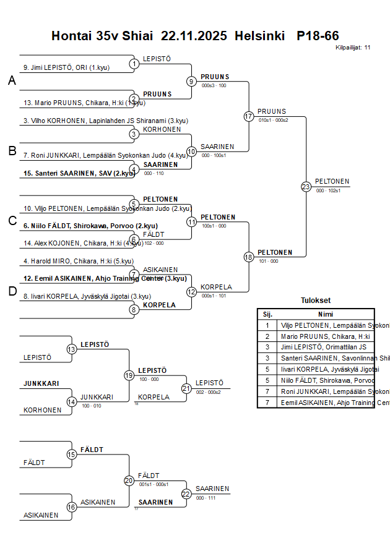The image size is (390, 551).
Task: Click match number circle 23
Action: coord(306,186)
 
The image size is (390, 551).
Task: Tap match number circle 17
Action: coord(249,116)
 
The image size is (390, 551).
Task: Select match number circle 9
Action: coord(192,81)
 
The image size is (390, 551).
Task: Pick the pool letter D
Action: coord(12,292)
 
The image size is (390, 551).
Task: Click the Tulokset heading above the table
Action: coord(316,301)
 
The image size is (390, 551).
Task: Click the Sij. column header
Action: coord(267,314)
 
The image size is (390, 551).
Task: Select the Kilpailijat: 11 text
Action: coord(353,48)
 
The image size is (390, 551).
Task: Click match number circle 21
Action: coord(186,388)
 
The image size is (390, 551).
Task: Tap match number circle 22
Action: coord(186,493)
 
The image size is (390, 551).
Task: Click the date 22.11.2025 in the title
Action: coord(194,36)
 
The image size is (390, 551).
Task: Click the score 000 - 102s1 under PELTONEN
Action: coord(329,191)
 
